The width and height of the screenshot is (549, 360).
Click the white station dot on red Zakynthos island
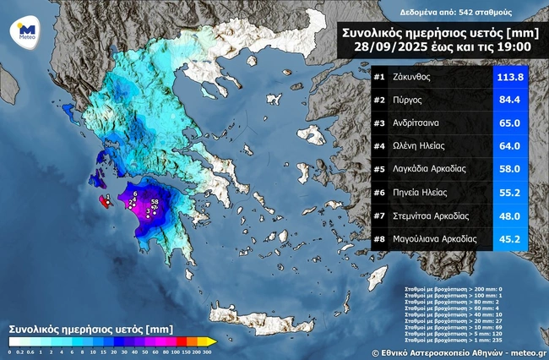pos(106,200)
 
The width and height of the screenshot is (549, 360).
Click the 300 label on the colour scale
pos(206,351)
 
